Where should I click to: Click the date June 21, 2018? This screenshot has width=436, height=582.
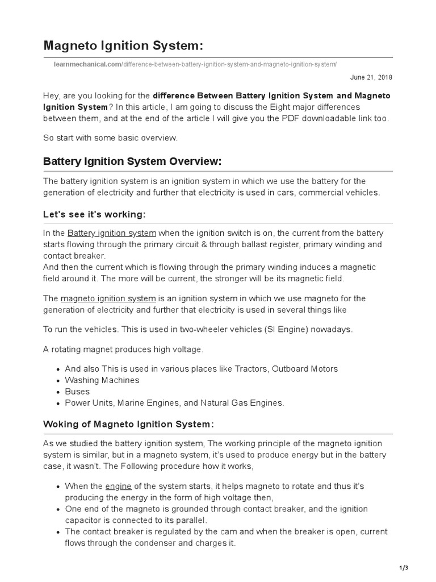click(x=372, y=77)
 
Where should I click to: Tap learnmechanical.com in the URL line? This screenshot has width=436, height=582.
click(x=87, y=64)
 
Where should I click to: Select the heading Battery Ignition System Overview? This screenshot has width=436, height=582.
click(x=132, y=161)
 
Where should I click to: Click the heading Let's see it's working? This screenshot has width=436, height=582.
click(x=94, y=214)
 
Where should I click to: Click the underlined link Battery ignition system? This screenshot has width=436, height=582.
click(x=111, y=233)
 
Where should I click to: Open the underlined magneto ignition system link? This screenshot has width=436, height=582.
click(x=108, y=298)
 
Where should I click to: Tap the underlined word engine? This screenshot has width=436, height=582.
click(x=119, y=486)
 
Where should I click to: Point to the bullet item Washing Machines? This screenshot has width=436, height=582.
click(x=102, y=380)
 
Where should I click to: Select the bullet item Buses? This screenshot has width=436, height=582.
click(x=77, y=392)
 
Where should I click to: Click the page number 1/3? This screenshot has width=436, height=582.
click(x=403, y=568)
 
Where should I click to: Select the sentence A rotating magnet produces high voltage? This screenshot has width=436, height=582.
click(x=123, y=349)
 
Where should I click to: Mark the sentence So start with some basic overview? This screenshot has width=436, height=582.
click(x=111, y=138)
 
